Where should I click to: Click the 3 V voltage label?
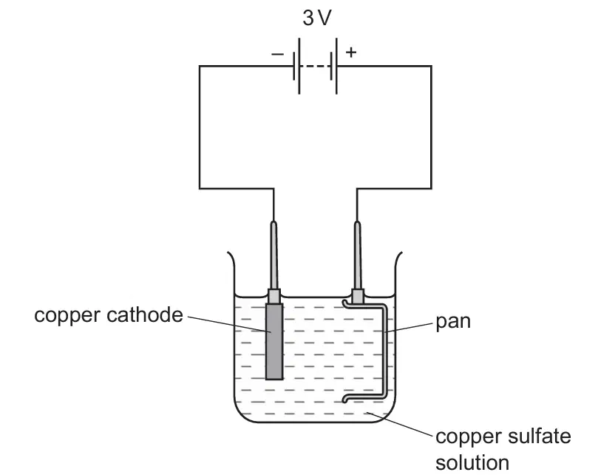317,18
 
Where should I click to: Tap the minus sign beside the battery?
278,55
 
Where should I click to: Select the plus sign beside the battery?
351,52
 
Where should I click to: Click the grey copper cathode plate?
274,341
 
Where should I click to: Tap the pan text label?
453,322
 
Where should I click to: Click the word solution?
472,462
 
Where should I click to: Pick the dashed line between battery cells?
315,67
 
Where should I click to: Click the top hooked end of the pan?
344,303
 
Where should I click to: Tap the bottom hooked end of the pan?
344,399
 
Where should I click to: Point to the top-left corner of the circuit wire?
200,66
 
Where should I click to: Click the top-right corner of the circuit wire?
432,66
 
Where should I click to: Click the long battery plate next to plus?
337,66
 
